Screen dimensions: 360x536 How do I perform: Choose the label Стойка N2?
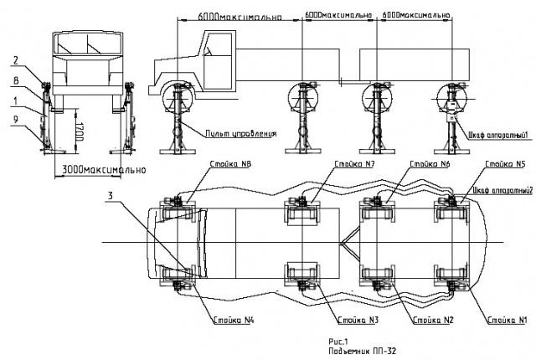click(x=427, y=319)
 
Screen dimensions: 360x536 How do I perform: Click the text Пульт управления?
click(x=241, y=133)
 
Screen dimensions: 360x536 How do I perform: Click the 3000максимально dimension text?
click(x=100, y=170)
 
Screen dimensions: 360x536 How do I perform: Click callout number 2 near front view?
click(x=14, y=59)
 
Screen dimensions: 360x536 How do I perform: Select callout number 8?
click(x=14, y=80)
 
